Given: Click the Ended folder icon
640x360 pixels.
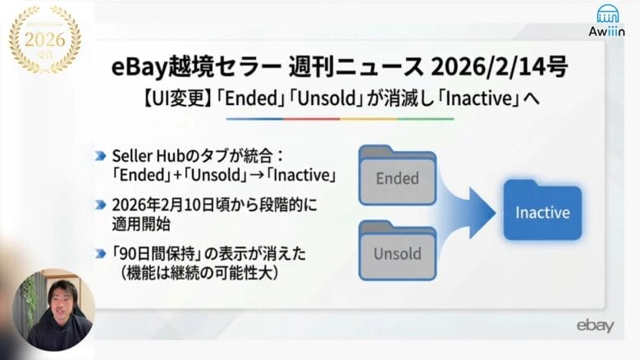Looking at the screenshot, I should [397, 175].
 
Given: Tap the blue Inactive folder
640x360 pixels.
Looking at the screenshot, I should [542, 211].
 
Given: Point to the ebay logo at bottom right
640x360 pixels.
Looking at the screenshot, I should [594, 326].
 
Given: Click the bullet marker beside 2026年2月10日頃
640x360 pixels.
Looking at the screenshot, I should [99, 203].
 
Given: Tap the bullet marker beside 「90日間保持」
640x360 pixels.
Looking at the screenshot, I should [99, 250].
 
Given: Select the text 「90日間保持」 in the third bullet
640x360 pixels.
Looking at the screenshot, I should [154, 250].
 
